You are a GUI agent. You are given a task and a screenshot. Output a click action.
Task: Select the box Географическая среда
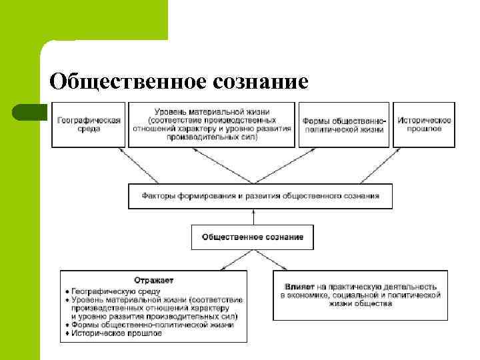[x=88, y=125]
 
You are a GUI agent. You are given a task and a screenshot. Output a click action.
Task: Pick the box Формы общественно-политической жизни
[x=343, y=125]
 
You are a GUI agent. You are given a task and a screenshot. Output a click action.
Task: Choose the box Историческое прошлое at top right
[x=424, y=125]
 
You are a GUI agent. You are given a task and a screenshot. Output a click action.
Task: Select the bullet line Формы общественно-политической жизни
[x=152, y=325]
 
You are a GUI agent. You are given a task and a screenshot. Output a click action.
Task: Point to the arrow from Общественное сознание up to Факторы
[x=253, y=217]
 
